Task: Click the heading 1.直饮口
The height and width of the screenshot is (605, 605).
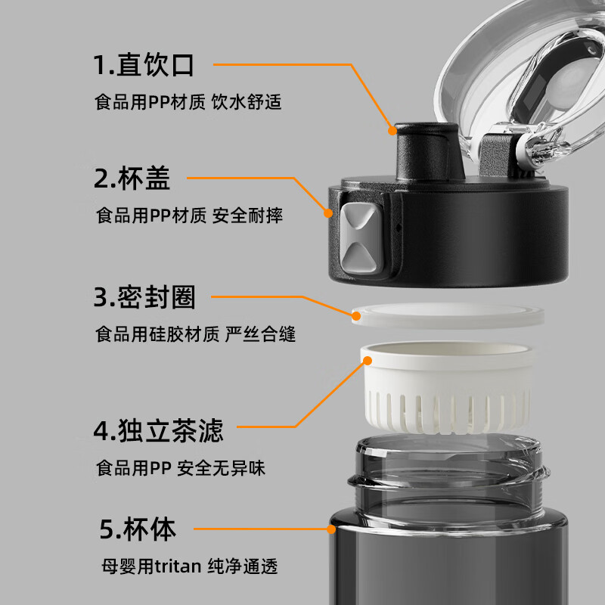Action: pyautogui.click(x=144, y=65)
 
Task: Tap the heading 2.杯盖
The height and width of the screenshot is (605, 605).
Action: pyautogui.click(x=132, y=179)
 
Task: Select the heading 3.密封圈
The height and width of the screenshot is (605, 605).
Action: pyautogui.click(x=144, y=297)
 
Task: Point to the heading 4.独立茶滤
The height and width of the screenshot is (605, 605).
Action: pyautogui.click(x=158, y=432)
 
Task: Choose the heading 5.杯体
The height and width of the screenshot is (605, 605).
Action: pyautogui.click(x=138, y=529)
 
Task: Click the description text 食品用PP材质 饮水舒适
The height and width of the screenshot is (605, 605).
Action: pyautogui.click(x=188, y=101)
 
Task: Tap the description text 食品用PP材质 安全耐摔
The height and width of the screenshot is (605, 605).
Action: pyautogui.click(x=189, y=216)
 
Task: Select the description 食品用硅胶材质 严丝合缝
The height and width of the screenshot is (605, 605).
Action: pyautogui.click(x=195, y=334)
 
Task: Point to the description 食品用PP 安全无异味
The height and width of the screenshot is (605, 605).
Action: pyautogui.click(x=180, y=468)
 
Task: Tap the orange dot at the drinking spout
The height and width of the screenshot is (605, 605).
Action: pyautogui.click(x=392, y=130)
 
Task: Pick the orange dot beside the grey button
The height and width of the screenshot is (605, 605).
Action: pyautogui.click(x=330, y=213)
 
